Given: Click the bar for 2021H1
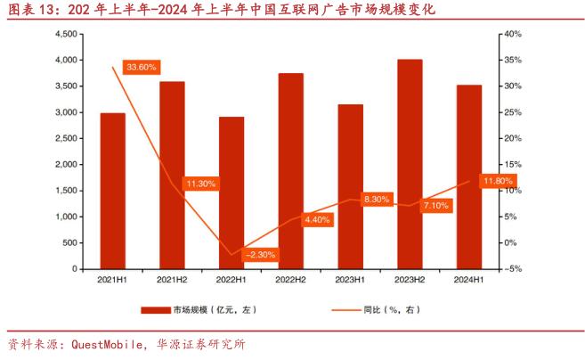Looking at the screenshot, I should [x=112, y=191].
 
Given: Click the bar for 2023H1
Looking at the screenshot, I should [x=350, y=186].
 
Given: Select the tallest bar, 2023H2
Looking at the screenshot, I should [x=410, y=164].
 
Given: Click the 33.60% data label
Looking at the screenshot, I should [x=142, y=67].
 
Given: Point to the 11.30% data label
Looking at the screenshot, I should [x=200, y=184].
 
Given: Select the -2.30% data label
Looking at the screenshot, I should [x=260, y=254].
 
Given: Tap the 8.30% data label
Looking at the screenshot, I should [x=377, y=200].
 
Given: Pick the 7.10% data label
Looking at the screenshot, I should [x=436, y=206].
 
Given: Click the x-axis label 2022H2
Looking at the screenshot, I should [x=290, y=280].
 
